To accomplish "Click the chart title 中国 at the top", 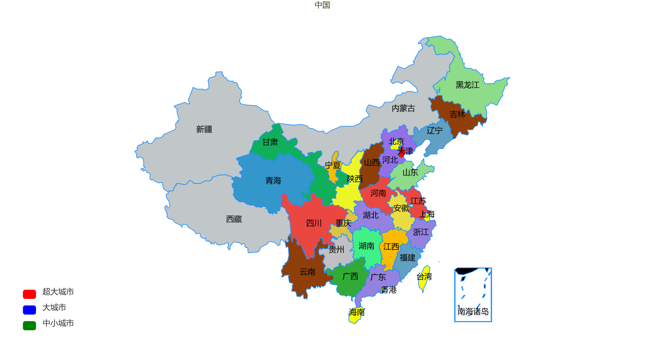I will point(322,5).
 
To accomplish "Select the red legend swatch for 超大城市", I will point(29,294).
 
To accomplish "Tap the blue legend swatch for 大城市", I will point(29,310).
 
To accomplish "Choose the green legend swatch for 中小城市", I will point(29,326).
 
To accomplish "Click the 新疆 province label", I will point(204,129).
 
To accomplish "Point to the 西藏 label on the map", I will point(234,219).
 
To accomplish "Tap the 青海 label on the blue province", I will point(273,180).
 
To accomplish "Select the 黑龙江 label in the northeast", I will point(467,85).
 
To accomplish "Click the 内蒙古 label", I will point(403,108).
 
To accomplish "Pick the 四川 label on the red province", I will point(314,223).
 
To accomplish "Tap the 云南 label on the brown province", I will point(307,272).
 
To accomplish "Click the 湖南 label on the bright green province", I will point(366,246).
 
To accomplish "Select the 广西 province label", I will point(350,276).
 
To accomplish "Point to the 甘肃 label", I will point(270,142).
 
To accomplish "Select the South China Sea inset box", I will point(473,295).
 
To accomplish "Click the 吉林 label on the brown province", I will point(457,114).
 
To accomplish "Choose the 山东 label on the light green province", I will point(410,172).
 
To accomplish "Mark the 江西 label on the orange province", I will point(391,247).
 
